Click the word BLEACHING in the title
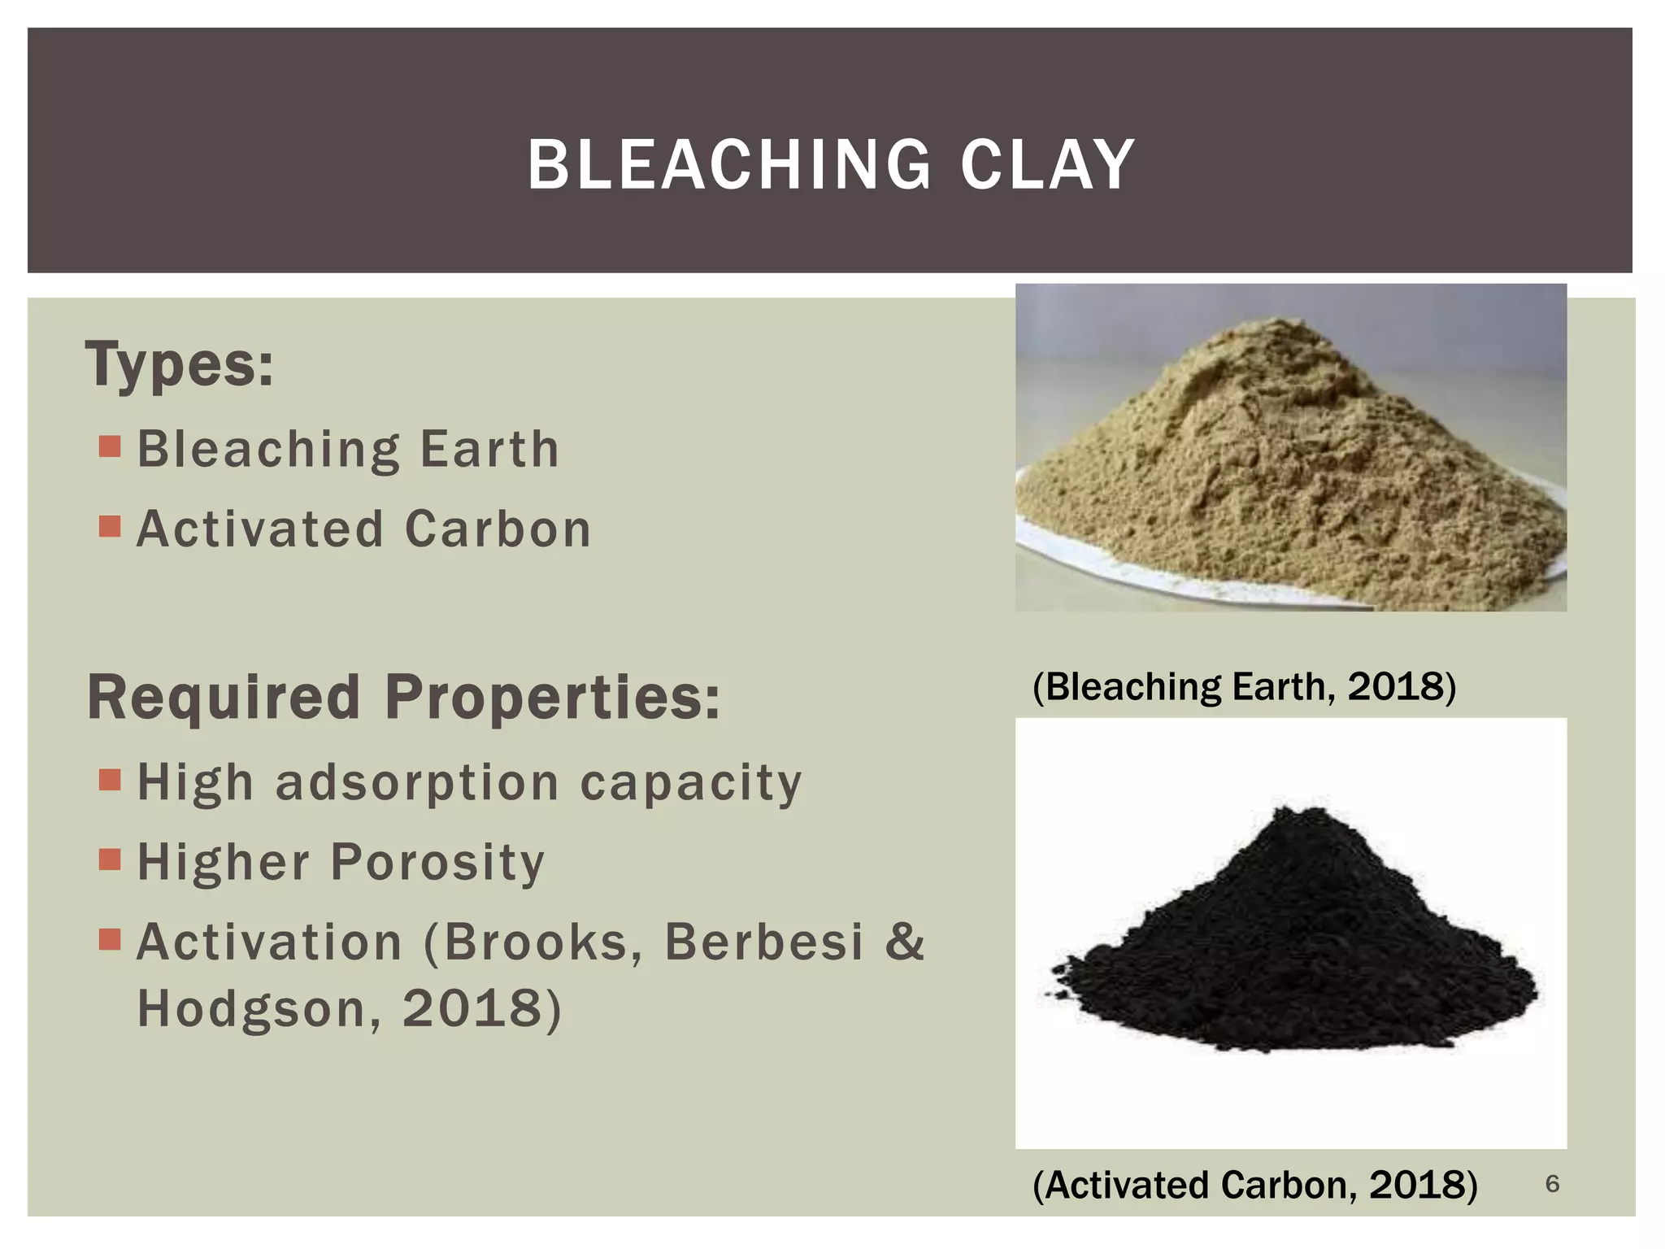728,165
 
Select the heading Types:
179,365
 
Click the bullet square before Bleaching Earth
110,446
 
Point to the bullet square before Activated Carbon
110,527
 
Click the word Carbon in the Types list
498,529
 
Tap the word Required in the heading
224,698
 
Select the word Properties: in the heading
552,698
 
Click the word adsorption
417,783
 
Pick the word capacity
691,783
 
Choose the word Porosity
437,862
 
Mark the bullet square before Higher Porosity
110,860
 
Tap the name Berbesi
763,942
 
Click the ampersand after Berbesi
904,942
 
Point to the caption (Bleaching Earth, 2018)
1243,686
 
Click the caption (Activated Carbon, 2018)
1254,1185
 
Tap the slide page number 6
1552,1184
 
